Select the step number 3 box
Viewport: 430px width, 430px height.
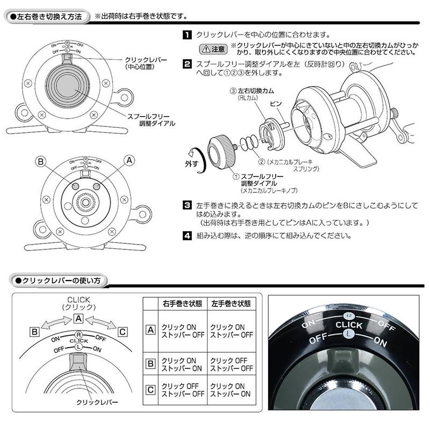coord(186,206)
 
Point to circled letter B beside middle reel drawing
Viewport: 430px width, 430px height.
coord(40,161)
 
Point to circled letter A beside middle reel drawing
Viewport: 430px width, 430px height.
coord(128,160)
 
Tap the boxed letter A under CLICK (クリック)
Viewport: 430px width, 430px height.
coord(78,318)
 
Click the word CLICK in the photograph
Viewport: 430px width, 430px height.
coord(349,325)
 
